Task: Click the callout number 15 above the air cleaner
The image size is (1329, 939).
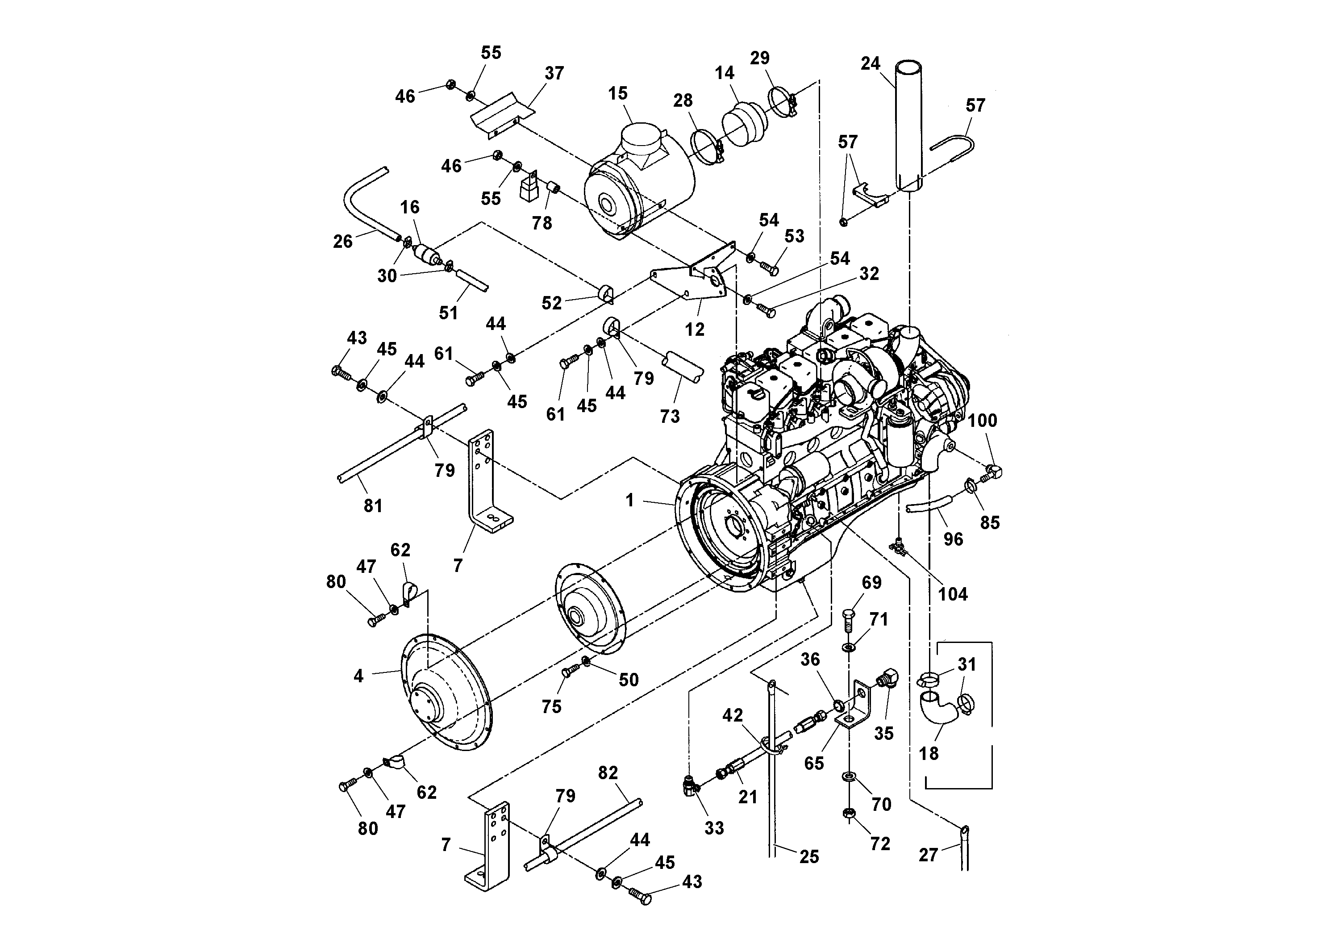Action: point(617,94)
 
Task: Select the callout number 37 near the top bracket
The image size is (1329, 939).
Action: point(554,74)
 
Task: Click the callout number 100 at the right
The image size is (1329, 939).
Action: point(982,421)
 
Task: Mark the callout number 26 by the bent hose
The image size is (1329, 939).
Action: point(343,242)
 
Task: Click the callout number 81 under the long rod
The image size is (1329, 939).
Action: point(373,506)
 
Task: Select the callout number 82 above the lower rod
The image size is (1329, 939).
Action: point(608,773)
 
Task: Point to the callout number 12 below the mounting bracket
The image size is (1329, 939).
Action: point(695,330)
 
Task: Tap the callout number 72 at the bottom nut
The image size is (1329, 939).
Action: point(880,844)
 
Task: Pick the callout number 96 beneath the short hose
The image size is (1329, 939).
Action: point(953,539)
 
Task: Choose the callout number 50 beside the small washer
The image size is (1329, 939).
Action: point(629,680)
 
